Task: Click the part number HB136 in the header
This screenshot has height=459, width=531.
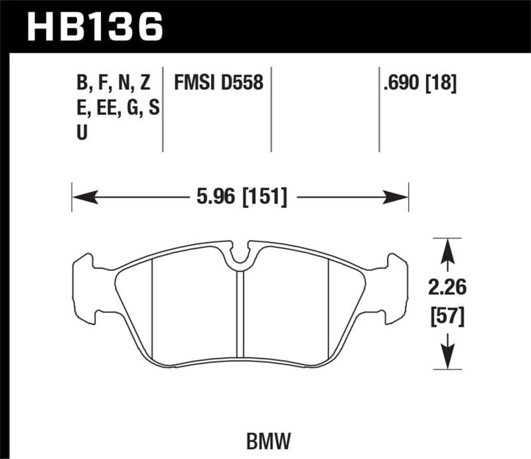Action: [94, 26]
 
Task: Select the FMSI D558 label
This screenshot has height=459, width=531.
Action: [218, 83]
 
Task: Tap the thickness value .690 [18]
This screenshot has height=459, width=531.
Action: [419, 83]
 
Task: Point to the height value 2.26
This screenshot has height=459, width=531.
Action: [448, 288]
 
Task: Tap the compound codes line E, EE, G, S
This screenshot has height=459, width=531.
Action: [117, 108]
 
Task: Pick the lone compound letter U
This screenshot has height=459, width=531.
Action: [82, 133]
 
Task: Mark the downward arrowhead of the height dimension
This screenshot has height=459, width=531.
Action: [448, 359]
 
